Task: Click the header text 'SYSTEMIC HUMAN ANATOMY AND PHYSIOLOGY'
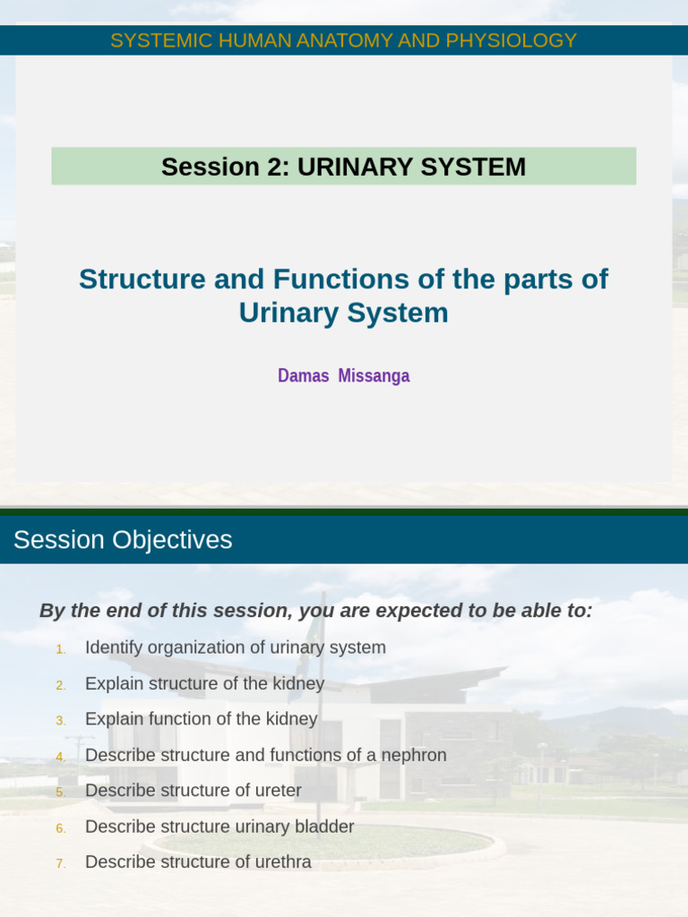coord(343,40)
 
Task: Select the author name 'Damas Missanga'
coord(343,376)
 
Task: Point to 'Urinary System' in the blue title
coord(343,313)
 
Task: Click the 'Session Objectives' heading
coord(123,540)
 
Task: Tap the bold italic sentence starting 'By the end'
coord(315,611)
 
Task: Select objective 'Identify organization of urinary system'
coord(235,647)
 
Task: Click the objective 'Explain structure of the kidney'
coord(204,683)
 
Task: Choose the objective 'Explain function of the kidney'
coord(201,719)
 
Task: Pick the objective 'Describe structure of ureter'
coord(193,791)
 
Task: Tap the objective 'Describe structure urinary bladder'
coord(219,827)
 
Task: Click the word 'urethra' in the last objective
coord(282,862)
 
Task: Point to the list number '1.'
coord(61,649)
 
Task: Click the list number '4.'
coord(61,757)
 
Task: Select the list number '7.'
coord(61,864)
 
